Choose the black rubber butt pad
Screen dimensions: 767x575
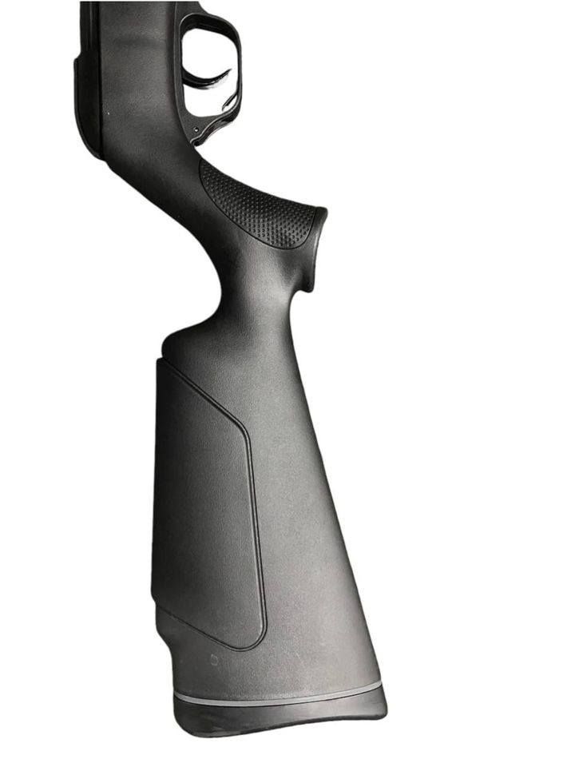(x=280, y=716)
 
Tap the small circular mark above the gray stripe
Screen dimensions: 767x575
(x=214, y=661)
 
